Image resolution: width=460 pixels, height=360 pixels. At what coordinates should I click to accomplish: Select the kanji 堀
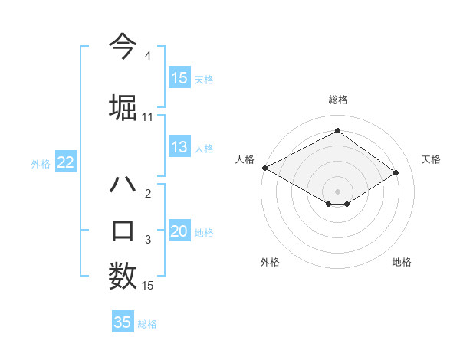(123, 106)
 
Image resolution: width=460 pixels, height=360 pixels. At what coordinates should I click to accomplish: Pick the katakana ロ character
(123, 230)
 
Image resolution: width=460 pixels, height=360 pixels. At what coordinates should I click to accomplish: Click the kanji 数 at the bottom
(123, 276)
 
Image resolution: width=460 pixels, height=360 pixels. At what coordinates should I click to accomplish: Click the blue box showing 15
(179, 77)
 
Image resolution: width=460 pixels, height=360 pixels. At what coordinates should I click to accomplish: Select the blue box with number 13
(179, 147)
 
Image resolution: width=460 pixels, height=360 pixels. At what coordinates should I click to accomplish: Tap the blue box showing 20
(179, 231)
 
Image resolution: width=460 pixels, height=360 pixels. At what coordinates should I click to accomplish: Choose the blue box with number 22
(66, 162)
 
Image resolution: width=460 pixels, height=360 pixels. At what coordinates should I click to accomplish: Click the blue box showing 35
(123, 322)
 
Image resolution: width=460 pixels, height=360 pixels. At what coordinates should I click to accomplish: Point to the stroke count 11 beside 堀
(148, 117)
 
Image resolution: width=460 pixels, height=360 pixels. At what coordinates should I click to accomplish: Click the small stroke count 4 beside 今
(147, 56)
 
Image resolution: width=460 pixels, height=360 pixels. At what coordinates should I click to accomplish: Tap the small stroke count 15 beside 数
(148, 286)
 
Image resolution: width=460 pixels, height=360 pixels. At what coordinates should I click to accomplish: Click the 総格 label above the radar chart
(337, 100)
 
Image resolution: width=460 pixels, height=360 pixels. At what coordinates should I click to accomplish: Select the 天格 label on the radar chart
(431, 159)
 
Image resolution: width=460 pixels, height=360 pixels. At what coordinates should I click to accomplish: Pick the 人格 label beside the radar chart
(245, 159)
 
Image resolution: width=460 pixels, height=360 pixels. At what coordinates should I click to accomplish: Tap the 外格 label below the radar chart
(270, 262)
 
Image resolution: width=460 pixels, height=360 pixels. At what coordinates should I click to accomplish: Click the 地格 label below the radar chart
(402, 262)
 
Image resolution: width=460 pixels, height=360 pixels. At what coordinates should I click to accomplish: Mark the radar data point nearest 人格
(264, 168)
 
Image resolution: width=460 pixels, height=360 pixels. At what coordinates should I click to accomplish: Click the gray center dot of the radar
(337, 190)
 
